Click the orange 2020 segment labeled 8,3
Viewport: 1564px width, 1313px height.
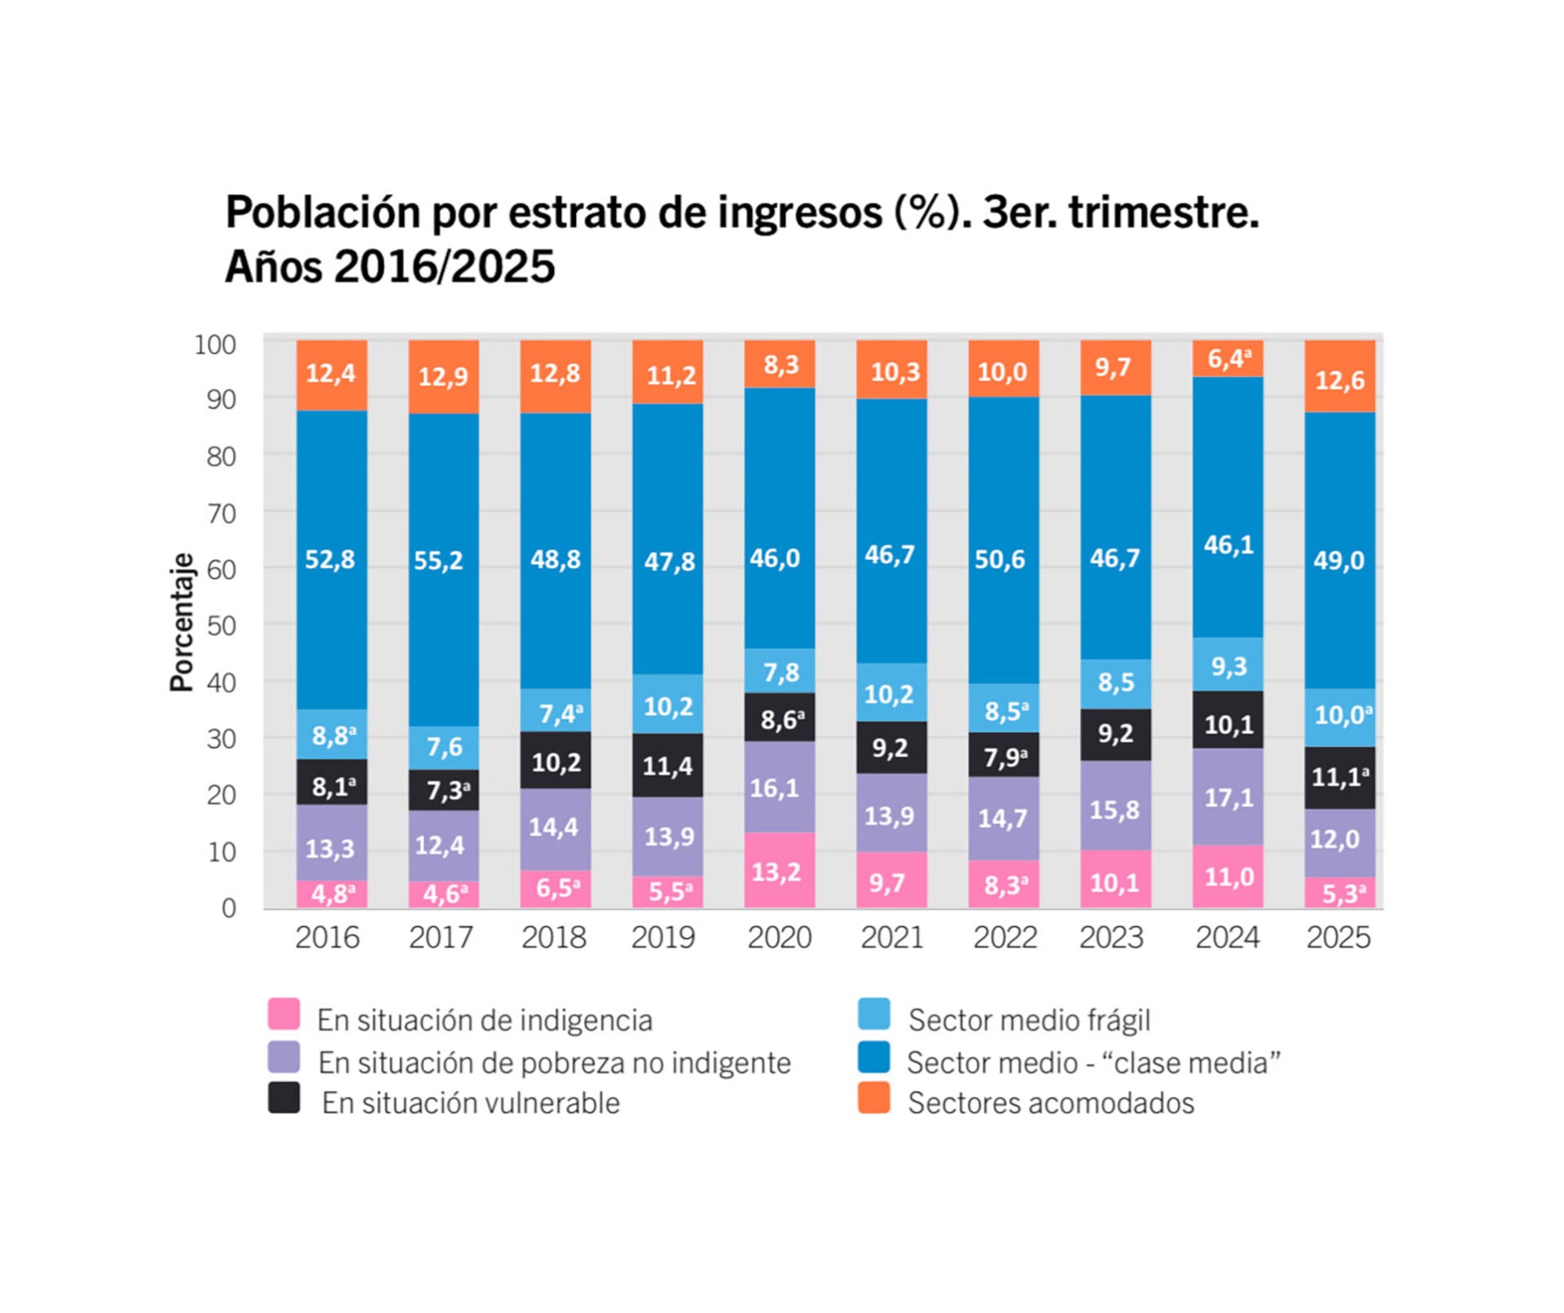pos(780,364)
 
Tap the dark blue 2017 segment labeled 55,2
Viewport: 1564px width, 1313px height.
pos(443,560)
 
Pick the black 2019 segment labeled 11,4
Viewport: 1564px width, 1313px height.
pos(667,765)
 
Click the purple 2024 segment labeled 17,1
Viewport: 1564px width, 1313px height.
pos(1228,797)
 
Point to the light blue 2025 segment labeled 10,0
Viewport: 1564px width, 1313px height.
pos(1340,715)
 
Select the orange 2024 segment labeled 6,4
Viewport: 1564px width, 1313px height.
pos(1228,358)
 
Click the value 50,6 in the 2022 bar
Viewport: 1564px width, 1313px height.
pos(999,559)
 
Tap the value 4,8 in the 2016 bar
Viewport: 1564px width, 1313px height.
pos(332,894)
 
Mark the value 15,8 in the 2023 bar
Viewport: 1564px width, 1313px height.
pos(1114,809)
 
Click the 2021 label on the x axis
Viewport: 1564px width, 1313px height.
pos(892,938)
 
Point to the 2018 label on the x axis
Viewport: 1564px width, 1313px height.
pos(554,938)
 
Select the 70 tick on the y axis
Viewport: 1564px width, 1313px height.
pos(221,514)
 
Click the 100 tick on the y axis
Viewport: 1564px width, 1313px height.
pos(215,345)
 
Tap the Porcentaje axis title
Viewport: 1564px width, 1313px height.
pos(182,621)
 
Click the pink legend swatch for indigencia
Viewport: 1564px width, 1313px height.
pos(283,1014)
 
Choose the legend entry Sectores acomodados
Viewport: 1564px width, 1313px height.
pos(1050,1103)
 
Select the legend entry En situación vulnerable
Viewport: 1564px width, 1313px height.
pos(470,1103)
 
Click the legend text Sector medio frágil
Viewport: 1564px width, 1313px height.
pos(1029,1020)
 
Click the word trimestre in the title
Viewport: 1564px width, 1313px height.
pos(1163,213)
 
